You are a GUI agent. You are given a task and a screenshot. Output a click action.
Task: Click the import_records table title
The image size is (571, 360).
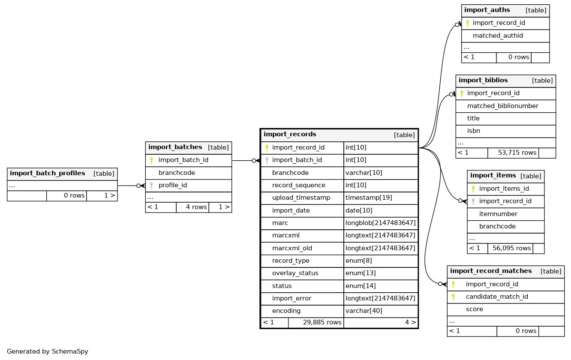[290, 135]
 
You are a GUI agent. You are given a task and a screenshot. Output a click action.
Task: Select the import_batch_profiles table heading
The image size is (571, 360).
[48, 174]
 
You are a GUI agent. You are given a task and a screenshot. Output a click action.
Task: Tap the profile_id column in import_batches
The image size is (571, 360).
[172, 186]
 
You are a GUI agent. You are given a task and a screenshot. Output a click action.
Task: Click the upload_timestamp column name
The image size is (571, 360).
[301, 198]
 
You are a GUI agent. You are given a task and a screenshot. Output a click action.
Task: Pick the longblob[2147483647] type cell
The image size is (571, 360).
[380, 223]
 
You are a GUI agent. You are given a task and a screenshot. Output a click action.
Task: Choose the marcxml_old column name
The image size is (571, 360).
[292, 248]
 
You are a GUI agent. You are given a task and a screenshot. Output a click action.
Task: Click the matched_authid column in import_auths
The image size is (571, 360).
[498, 36]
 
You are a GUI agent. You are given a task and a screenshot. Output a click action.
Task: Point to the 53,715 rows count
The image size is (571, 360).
[517, 153]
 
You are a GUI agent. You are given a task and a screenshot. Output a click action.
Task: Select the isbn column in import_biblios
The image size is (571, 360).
[473, 131]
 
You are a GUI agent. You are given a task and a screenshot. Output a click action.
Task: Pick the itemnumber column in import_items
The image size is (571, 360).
[498, 214]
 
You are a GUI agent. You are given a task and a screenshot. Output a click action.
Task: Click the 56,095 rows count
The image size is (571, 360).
[511, 248]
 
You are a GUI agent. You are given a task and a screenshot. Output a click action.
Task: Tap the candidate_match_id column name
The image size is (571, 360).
[496, 297]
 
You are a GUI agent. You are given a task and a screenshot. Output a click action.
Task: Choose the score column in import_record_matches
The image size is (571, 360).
[474, 309]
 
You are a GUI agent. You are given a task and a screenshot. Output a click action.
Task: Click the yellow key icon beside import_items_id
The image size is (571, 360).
[473, 189]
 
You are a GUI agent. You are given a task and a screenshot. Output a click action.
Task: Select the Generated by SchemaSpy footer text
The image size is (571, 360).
[48, 351]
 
